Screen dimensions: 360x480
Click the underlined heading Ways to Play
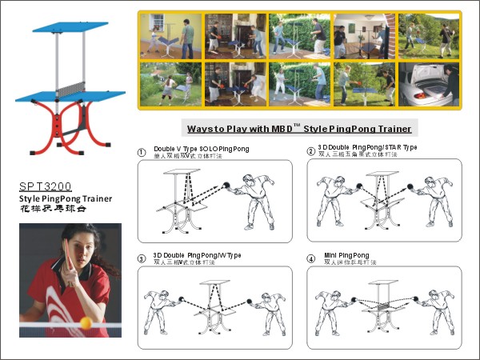[x=299, y=129]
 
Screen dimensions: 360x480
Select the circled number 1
[x=142, y=152]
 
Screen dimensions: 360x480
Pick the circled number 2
[x=310, y=151]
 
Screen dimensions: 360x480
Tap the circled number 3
[x=142, y=258]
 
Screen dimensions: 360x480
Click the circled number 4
[x=310, y=258]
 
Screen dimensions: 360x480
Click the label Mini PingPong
[x=346, y=254]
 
